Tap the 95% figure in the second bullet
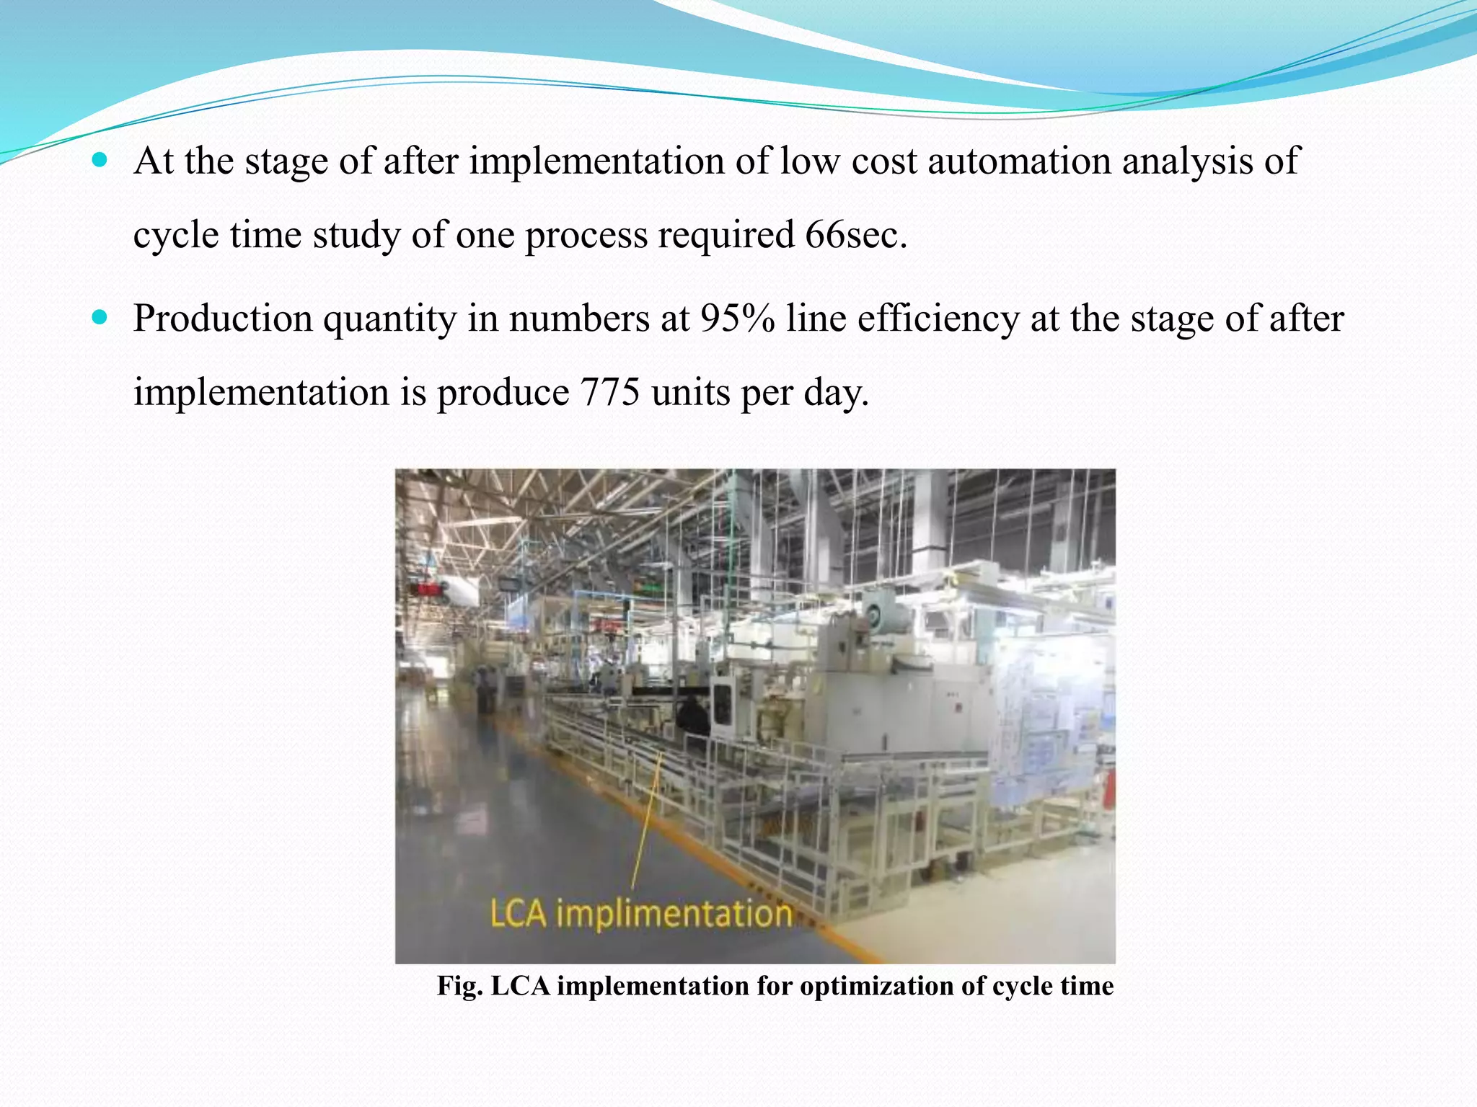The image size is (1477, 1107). point(736,319)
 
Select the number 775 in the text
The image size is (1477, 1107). point(609,393)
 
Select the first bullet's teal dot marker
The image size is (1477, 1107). point(100,159)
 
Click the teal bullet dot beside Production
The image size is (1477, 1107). point(100,317)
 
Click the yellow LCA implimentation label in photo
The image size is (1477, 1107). point(641,914)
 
